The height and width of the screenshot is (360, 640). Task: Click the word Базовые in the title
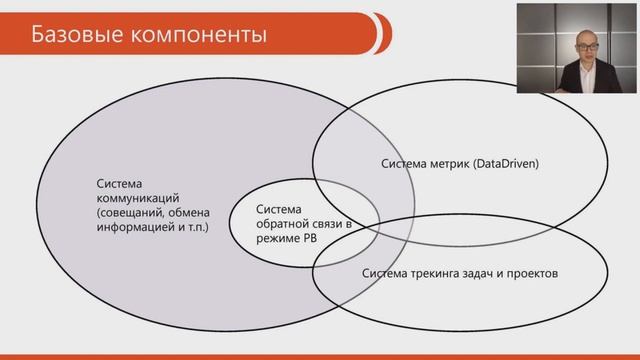[x=76, y=36]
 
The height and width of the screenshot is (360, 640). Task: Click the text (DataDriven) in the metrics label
[x=504, y=162]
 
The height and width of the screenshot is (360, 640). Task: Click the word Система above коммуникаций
[x=119, y=183]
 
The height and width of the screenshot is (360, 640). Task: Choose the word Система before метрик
[x=401, y=162]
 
